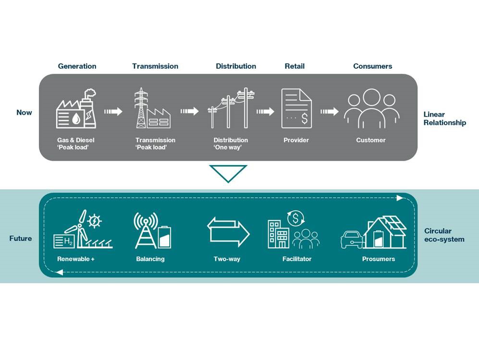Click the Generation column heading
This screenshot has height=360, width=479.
(77, 66)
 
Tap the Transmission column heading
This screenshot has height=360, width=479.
(155, 66)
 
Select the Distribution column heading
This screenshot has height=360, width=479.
(236, 66)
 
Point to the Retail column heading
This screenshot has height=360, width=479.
(295, 66)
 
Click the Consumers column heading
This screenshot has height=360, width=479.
(372, 66)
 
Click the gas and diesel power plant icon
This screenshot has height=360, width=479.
(76, 109)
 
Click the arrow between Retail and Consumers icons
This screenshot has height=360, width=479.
(330, 112)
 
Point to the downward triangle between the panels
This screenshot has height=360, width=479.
(228, 173)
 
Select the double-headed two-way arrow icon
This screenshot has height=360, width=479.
(228, 231)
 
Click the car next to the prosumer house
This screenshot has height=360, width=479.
(351, 239)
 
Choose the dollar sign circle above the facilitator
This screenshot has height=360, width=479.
(295, 218)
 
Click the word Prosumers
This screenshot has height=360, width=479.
(379, 259)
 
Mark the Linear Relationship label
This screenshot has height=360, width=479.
(444, 119)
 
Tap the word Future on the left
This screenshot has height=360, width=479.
(21, 239)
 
